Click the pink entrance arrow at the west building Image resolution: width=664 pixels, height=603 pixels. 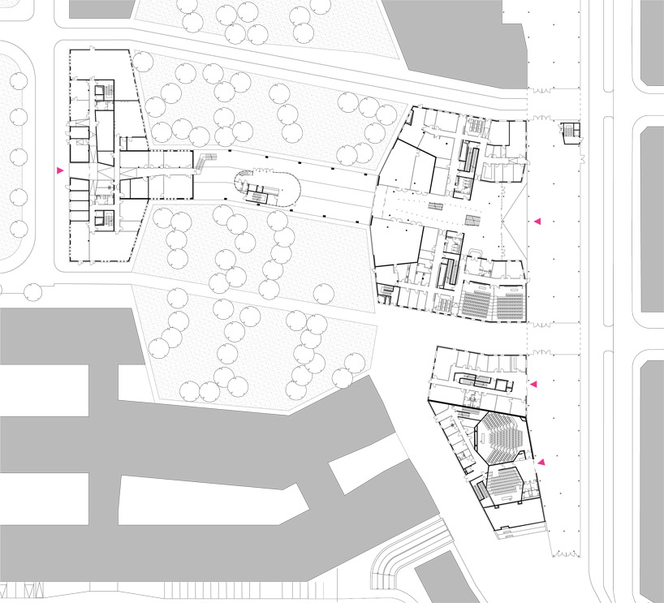click(59, 170)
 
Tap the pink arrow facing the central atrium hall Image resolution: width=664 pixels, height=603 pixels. click(536, 221)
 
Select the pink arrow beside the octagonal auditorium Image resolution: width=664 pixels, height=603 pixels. click(541, 463)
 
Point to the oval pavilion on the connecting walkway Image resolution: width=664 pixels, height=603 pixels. click(267, 188)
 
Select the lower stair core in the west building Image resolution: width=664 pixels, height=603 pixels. click(103, 220)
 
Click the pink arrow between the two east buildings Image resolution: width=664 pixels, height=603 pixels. click(533, 384)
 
